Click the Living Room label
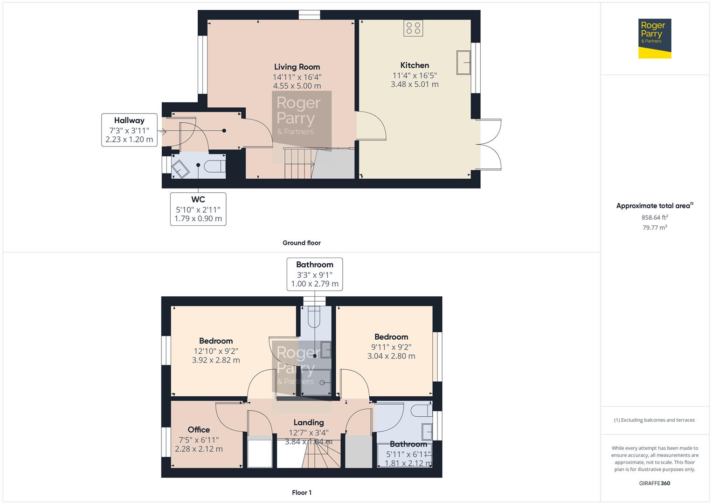297,67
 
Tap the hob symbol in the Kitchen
413,28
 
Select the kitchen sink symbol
463,63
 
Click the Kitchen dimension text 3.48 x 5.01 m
415,84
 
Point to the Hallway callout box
129,130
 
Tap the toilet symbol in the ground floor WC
214,166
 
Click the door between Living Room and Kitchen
371,126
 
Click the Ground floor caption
301,243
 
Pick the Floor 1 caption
302,492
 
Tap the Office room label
199,429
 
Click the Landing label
309,422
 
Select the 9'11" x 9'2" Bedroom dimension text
391,347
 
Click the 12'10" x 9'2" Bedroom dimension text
216,351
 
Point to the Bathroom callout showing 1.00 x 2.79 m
315,274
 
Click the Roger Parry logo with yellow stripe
655,38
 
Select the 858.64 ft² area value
655,217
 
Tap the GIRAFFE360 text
655,483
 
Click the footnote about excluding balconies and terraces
654,420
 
